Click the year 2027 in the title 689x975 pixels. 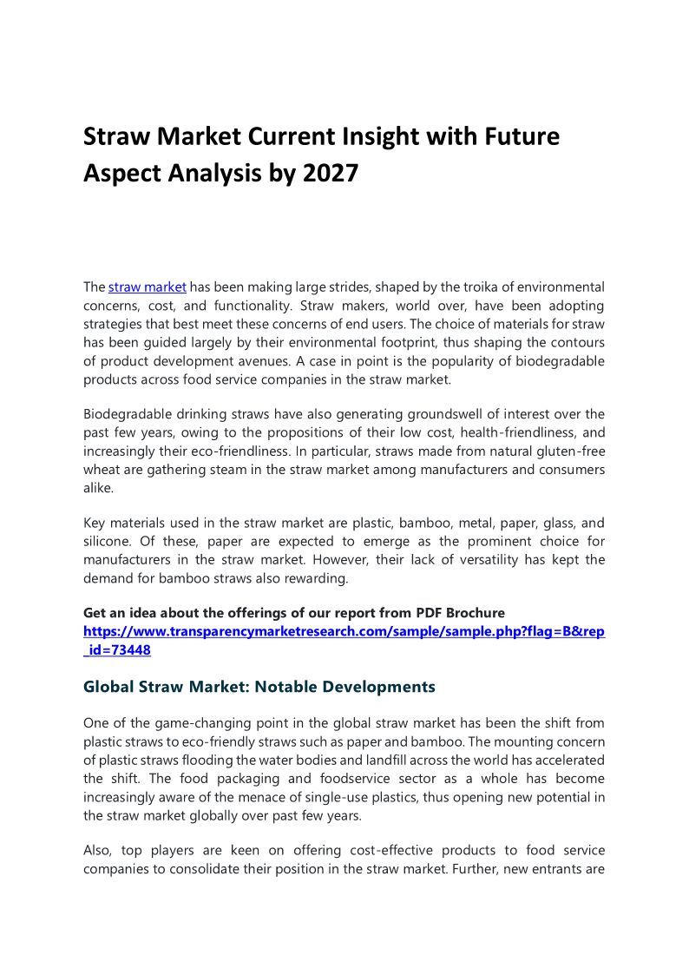pos(330,173)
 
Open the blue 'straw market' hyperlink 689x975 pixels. pos(148,287)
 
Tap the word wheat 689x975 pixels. pos(102,470)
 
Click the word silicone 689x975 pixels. pos(108,541)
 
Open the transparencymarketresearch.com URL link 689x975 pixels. pos(344,631)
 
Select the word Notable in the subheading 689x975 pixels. pos(282,687)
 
